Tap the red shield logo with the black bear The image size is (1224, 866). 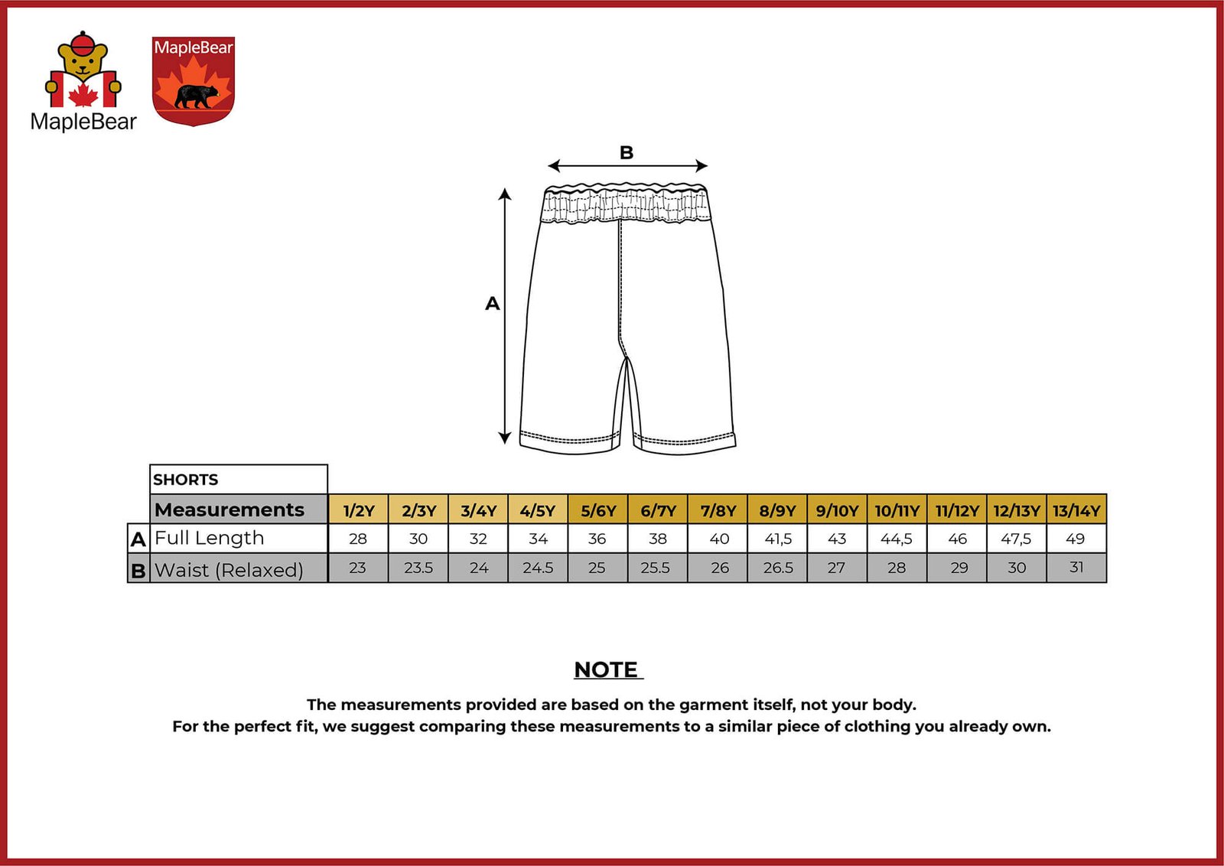(193, 81)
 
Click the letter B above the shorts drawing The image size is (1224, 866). (627, 152)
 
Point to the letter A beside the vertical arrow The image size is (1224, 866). (493, 304)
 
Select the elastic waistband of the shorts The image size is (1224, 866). (626, 205)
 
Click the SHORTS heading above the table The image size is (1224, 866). (186, 480)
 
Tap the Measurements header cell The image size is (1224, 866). (229, 510)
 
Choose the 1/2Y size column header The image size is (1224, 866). (358, 510)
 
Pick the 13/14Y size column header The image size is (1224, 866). (1076, 510)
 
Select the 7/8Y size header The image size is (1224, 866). (718, 510)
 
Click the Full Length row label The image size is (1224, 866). (209, 539)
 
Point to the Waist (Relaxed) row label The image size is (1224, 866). (229, 570)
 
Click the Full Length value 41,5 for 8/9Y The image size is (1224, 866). (778, 539)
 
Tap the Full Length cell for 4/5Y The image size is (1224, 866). (538, 539)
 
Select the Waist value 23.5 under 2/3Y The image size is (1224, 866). (418, 568)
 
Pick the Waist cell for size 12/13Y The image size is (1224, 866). (1016, 568)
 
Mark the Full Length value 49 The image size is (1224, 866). (1076, 539)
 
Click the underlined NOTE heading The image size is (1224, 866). (607, 670)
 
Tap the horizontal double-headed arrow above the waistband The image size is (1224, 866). (627, 166)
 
